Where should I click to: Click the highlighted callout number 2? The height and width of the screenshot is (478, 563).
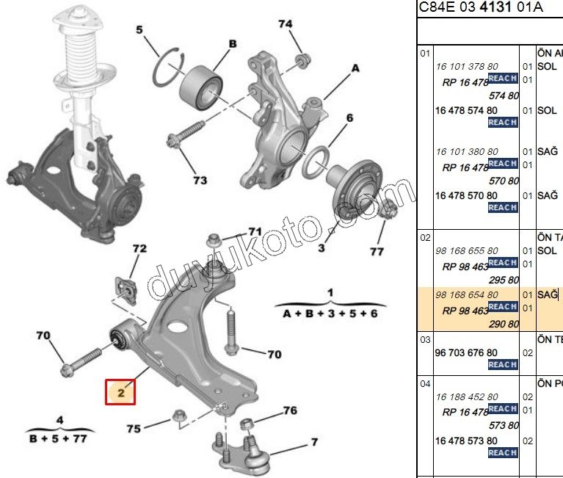pos(122,393)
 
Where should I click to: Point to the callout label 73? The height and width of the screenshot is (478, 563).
pos(200,180)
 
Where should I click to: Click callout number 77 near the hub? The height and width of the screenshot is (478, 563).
pos(377,251)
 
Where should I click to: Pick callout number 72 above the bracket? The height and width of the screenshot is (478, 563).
pos(139,249)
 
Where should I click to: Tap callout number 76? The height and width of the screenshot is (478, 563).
pos(290,410)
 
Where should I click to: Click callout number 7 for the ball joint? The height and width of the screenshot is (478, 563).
pos(314,442)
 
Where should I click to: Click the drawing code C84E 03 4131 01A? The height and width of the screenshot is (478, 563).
pos(481,8)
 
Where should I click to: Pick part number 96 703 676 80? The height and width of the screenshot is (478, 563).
pos(466,352)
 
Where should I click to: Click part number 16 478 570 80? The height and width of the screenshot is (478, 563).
pos(466,196)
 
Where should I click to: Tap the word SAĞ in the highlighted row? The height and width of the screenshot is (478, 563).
pos(548,294)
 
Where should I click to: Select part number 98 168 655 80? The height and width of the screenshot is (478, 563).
pos(466,251)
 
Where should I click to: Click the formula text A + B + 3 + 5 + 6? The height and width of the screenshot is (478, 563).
pos(330,313)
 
